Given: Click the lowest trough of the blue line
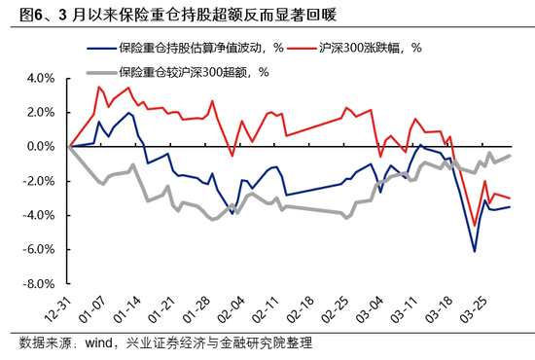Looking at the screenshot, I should pyautogui.click(x=475, y=251).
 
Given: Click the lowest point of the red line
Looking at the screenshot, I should pyautogui.click(x=475, y=226).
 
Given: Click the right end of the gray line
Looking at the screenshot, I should pyautogui.click(x=511, y=156).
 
